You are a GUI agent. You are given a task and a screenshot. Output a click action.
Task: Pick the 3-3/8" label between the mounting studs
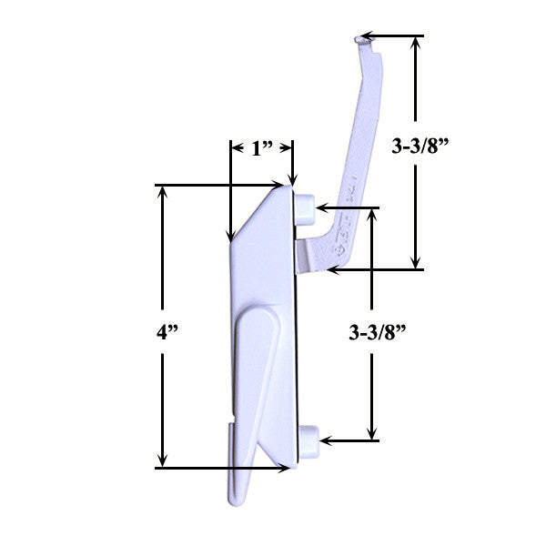coord(376,334)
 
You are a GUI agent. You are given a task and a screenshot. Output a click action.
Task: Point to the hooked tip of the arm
coord(364,38)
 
